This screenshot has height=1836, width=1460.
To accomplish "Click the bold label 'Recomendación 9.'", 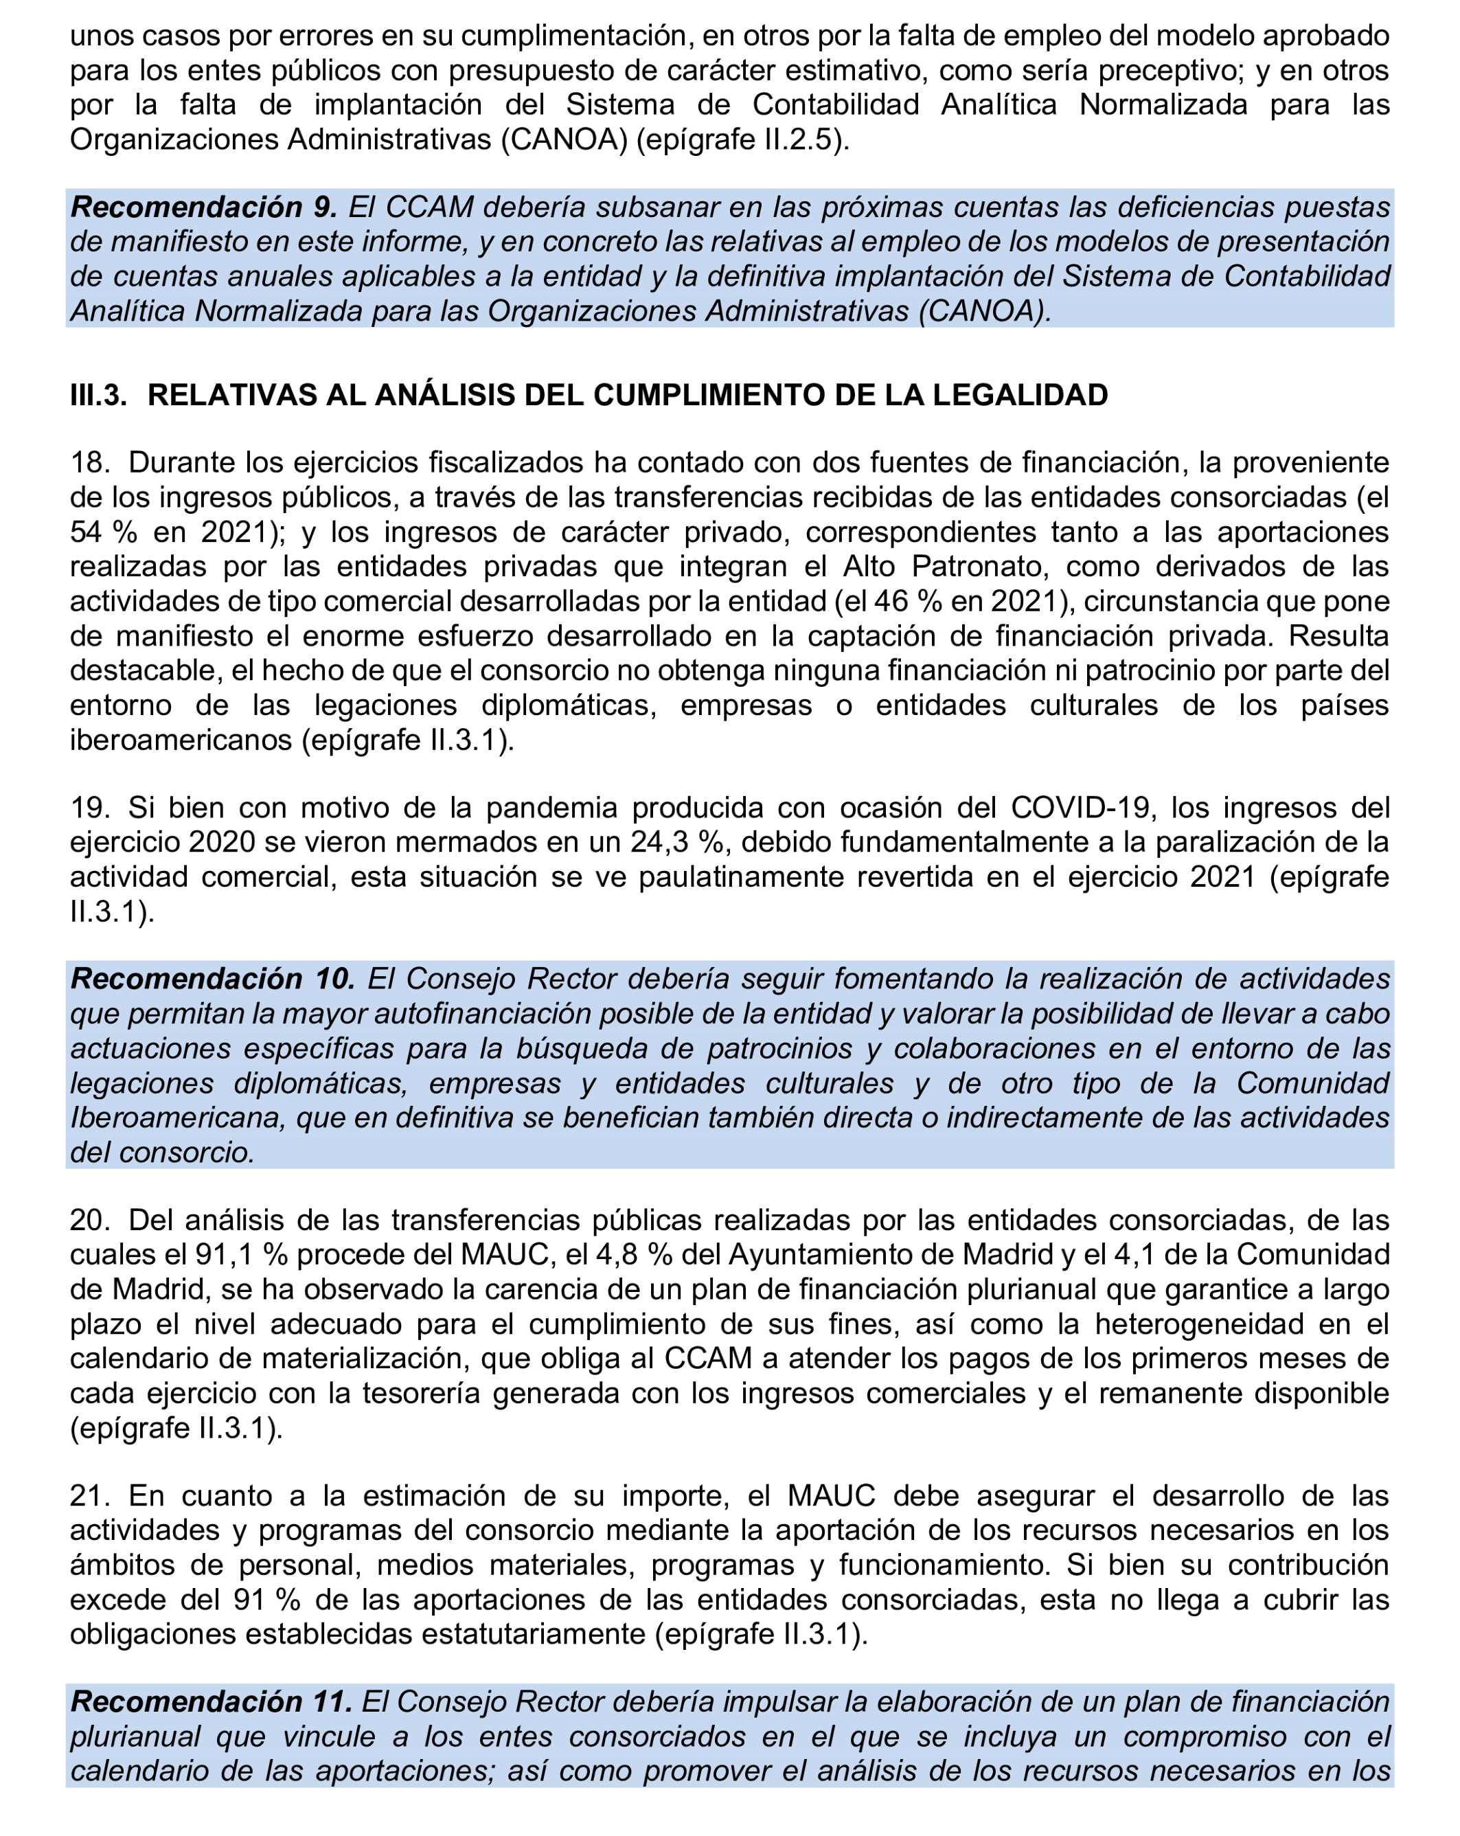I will (x=203, y=207).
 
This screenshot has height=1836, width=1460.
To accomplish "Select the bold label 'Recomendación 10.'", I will (x=213, y=979).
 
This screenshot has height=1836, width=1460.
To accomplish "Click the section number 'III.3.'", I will (x=98, y=395).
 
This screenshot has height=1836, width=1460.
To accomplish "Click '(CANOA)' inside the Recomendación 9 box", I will (x=984, y=312).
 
